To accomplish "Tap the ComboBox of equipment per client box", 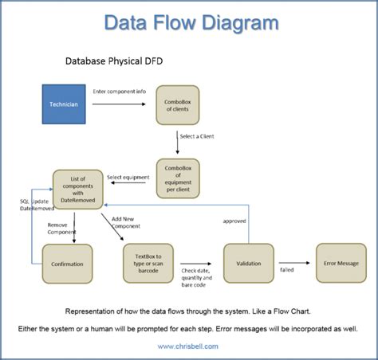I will tap(177, 178).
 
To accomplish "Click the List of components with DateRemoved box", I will tap(77, 191).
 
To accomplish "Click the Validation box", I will tap(250, 264).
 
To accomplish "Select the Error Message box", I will tap(341, 264).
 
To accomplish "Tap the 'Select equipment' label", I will tap(128, 177).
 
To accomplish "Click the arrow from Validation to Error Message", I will tap(294, 262).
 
